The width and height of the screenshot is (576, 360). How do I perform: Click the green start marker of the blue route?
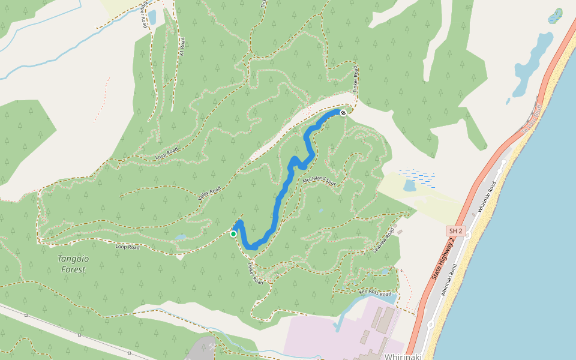pyautogui.click(x=233, y=234)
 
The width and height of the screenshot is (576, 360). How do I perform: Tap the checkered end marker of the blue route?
pyautogui.click(x=343, y=112)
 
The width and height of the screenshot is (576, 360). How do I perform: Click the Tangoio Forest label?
pyautogui.click(x=73, y=264)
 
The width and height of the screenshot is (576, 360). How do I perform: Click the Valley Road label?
pyautogui.click(x=209, y=193)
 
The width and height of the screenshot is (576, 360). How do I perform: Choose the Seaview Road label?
pyautogui.click(x=385, y=242)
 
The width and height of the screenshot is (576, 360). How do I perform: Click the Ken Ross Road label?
pyautogui.click(x=375, y=293)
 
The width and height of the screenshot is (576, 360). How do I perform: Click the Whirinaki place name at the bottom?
pyautogui.click(x=403, y=356)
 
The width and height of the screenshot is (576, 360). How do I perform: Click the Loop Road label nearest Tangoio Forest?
pyautogui.click(x=127, y=247)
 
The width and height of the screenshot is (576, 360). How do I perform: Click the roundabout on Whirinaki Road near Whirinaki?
pyautogui.click(x=431, y=325)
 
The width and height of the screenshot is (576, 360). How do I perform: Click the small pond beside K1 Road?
pyautogui.click(x=152, y=17)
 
